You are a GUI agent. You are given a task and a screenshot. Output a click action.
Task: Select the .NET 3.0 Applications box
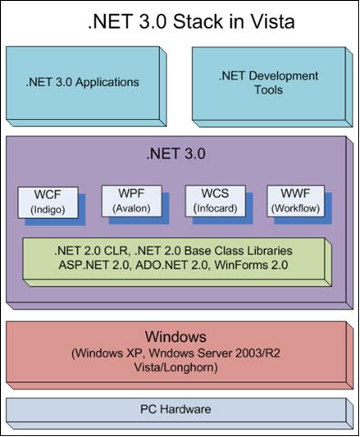tap(86, 86)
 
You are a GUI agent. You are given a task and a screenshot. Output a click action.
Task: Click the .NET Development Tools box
tap(272, 87)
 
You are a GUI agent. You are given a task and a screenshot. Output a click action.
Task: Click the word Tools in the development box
tap(268, 89)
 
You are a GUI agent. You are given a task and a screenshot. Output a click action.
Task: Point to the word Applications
tap(107, 83)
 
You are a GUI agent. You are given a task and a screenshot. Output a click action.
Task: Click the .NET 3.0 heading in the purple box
tap(176, 153)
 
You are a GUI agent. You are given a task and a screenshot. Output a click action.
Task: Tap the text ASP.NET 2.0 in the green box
tap(95, 265)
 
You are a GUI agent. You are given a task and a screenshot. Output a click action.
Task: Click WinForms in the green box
tap(239, 265)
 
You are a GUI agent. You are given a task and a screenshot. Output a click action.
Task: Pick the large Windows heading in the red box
tap(175, 337)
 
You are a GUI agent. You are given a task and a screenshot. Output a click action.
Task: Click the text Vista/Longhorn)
tap(176, 367)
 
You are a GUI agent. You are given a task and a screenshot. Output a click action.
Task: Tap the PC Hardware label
tap(175, 409)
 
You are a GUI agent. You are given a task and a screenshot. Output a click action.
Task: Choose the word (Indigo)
tap(48, 210)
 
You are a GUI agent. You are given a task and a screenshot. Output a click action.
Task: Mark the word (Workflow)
tap(295, 208)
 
